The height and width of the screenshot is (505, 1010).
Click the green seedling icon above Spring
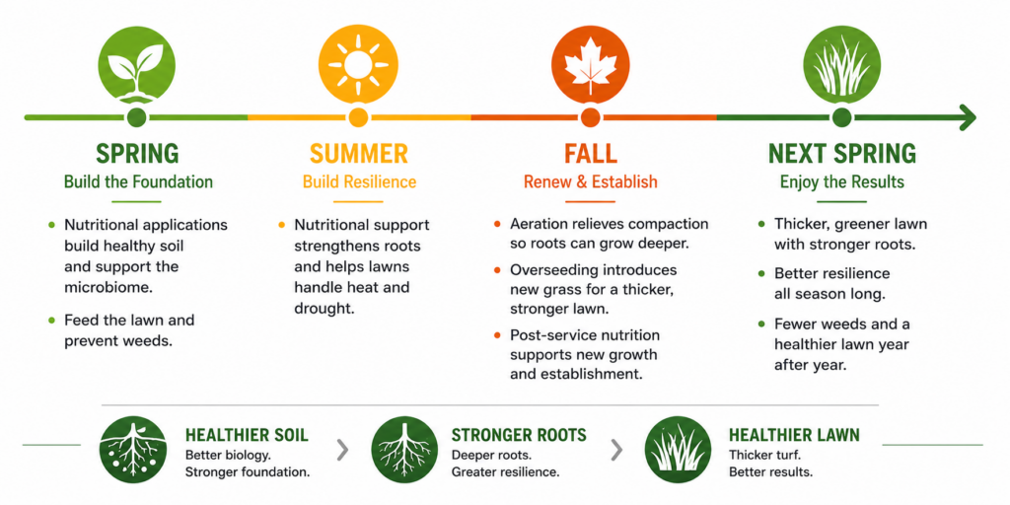click(136, 64)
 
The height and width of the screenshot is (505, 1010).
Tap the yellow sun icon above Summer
click(358, 64)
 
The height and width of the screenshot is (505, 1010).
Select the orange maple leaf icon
click(590, 64)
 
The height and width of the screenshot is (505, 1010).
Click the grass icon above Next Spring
click(842, 64)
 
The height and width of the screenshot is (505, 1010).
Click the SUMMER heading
click(359, 154)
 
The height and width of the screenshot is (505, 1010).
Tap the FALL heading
click(591, 154)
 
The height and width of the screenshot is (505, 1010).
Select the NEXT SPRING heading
click(842, 154)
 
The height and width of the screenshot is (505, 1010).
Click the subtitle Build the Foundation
click(138, 181)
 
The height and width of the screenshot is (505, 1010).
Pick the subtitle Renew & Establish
click(591, 181)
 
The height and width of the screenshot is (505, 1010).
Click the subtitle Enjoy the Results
click(842, 181)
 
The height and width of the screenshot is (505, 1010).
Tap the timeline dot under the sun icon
click(358, 118)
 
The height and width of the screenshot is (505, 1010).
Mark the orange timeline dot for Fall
click(590, 118)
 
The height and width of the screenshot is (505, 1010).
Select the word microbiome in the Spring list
click(108, 288)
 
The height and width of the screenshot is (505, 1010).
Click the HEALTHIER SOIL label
click(247, 435)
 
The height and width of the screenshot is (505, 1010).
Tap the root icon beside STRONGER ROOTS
click(404, 449)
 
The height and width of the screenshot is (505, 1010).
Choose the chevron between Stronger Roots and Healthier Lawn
click(616, 450)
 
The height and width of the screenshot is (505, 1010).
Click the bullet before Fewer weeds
click(761, 324)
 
